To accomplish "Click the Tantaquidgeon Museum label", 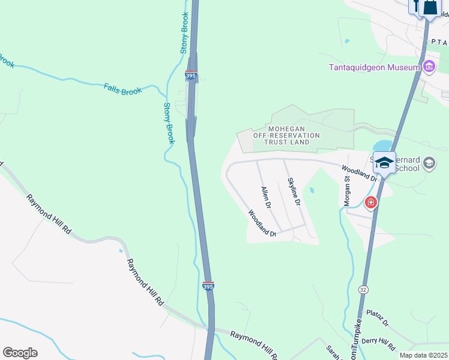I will (x=373, y=67).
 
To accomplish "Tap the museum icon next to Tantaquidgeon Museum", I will (x=429, y=67).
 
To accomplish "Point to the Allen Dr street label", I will (x=266, y=197).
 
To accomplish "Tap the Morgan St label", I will (x=347, y=191).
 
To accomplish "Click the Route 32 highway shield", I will (x=363, y=289).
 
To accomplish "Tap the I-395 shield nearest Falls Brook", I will (x=190, y=76).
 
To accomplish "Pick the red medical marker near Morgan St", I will (x=371, y=203).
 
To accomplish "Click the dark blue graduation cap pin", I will (x=384, y=162).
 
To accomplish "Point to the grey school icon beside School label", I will (x=429, y=163).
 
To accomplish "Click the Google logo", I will (x=20, y=353).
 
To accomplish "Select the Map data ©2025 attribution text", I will (x=423, y=355).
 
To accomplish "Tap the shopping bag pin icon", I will (x=430, y=7).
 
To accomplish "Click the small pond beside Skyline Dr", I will (x=311, y=191).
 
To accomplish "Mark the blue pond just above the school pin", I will (x=382, y=146).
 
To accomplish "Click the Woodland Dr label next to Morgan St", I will (x=359, y=173).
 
